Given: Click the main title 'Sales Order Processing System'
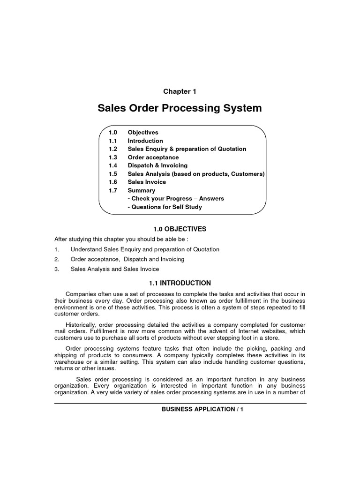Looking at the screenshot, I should coord(180,109).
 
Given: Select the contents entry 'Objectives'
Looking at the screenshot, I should coord(143,133).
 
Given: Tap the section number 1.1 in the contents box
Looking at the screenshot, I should coord(112,141).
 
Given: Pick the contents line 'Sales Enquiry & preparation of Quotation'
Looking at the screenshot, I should coord(187,149).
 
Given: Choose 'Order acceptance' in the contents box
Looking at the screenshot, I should coord(153,157).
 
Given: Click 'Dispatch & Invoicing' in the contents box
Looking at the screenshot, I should coord(157,165).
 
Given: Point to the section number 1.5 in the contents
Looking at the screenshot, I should coord(112,174).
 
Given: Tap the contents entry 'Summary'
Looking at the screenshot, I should coord(141,191).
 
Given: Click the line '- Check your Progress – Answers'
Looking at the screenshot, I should coord(176,199).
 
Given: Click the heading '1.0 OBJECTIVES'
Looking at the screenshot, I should coord(180,229).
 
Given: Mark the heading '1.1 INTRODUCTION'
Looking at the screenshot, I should coord(180,283).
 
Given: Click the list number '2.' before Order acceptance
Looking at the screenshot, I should coord(57,259).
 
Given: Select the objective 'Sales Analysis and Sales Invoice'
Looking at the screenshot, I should coord(115,269).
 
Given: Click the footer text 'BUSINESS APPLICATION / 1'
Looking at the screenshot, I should coord(202,409).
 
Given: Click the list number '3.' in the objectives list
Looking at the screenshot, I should coord(57,269).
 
